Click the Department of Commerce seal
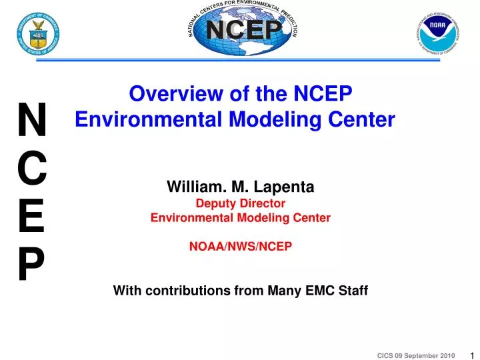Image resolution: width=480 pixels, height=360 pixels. click(x=39, y=32)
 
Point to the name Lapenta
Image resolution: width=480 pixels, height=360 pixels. click(x=283, y=188)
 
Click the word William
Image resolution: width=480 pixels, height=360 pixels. click(x=195, y=188)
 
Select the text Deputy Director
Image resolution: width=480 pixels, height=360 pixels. click(x=240, y=203)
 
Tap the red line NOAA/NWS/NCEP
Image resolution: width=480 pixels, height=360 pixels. click(x=240, y=246)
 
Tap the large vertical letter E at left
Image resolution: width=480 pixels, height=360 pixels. click(x=31, y=217)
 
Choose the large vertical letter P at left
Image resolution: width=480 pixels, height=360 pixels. click(x=31, y=265)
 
